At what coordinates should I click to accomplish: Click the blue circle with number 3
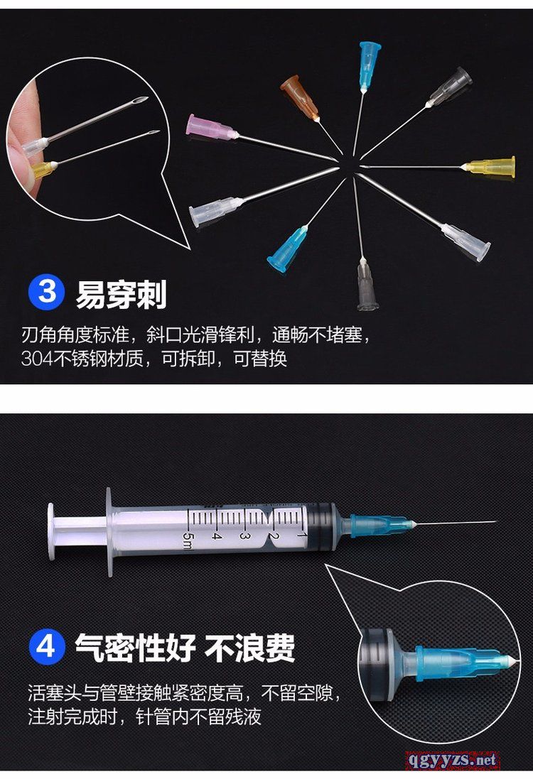47,292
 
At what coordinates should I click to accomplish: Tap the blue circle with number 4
47,646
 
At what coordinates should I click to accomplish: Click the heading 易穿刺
121,295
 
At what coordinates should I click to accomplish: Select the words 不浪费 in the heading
249,648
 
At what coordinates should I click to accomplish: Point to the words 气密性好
135,648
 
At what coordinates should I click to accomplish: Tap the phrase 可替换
261,358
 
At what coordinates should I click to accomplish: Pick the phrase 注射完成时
72,717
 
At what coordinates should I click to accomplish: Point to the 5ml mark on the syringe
186,540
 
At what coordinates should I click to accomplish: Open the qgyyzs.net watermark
452,760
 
